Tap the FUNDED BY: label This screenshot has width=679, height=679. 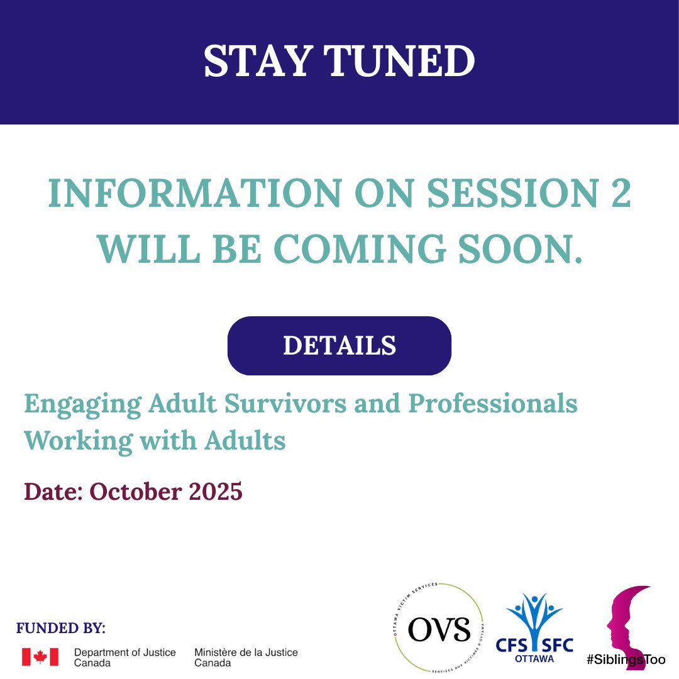tap(61, 628)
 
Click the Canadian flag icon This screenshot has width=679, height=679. tap(40, 657)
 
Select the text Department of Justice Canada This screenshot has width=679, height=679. tap(124, 658)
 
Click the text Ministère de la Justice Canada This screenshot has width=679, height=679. tap(246, 658)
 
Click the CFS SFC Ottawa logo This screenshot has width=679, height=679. tap(539, 629)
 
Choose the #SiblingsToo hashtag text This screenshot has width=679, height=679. tap(626, 660)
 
